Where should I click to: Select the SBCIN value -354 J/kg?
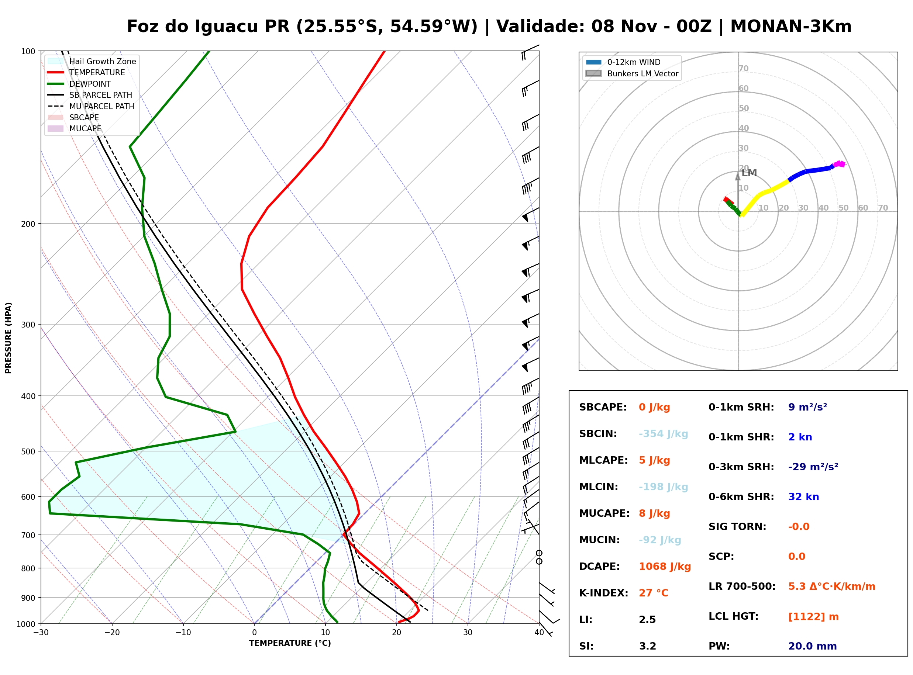click(663, 433)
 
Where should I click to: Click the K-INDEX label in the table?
click(604, 593)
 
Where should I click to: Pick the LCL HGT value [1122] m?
click(813, 617)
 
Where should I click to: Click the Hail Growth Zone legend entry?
click(92, 61)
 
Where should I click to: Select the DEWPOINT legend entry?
click(79, 84)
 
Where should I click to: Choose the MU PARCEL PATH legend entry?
click(91, 106)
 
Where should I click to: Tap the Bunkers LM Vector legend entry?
click(632, 73)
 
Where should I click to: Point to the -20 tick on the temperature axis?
click(112, 633)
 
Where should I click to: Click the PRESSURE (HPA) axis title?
click(8, 337)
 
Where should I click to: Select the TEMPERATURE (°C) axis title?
click(290, 643)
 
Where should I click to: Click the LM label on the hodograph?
click(749, 173)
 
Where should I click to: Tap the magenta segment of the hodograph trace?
click(839, 164)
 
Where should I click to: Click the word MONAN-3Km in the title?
click(791, 27)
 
